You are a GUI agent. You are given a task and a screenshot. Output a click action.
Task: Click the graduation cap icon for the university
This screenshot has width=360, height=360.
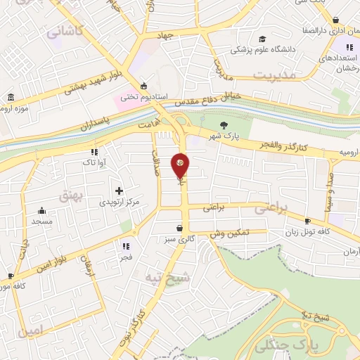pos(262,39)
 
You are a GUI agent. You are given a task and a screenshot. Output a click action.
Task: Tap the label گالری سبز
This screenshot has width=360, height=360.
pos(181,239)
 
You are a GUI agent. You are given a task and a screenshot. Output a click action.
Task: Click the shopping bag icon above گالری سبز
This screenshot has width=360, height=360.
pos(181,228)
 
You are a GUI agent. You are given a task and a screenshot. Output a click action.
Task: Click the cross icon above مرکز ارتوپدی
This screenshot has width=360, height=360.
pos(119,191)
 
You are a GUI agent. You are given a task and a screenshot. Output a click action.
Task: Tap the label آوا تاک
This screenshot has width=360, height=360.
pos(93,162)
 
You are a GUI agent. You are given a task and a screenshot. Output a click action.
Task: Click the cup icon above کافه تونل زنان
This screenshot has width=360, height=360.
pos(307,221)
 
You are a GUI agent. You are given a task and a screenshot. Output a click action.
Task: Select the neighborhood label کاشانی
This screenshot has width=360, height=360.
pos(65,32)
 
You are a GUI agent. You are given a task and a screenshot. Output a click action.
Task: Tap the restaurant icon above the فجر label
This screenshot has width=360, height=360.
pos(126,246)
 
